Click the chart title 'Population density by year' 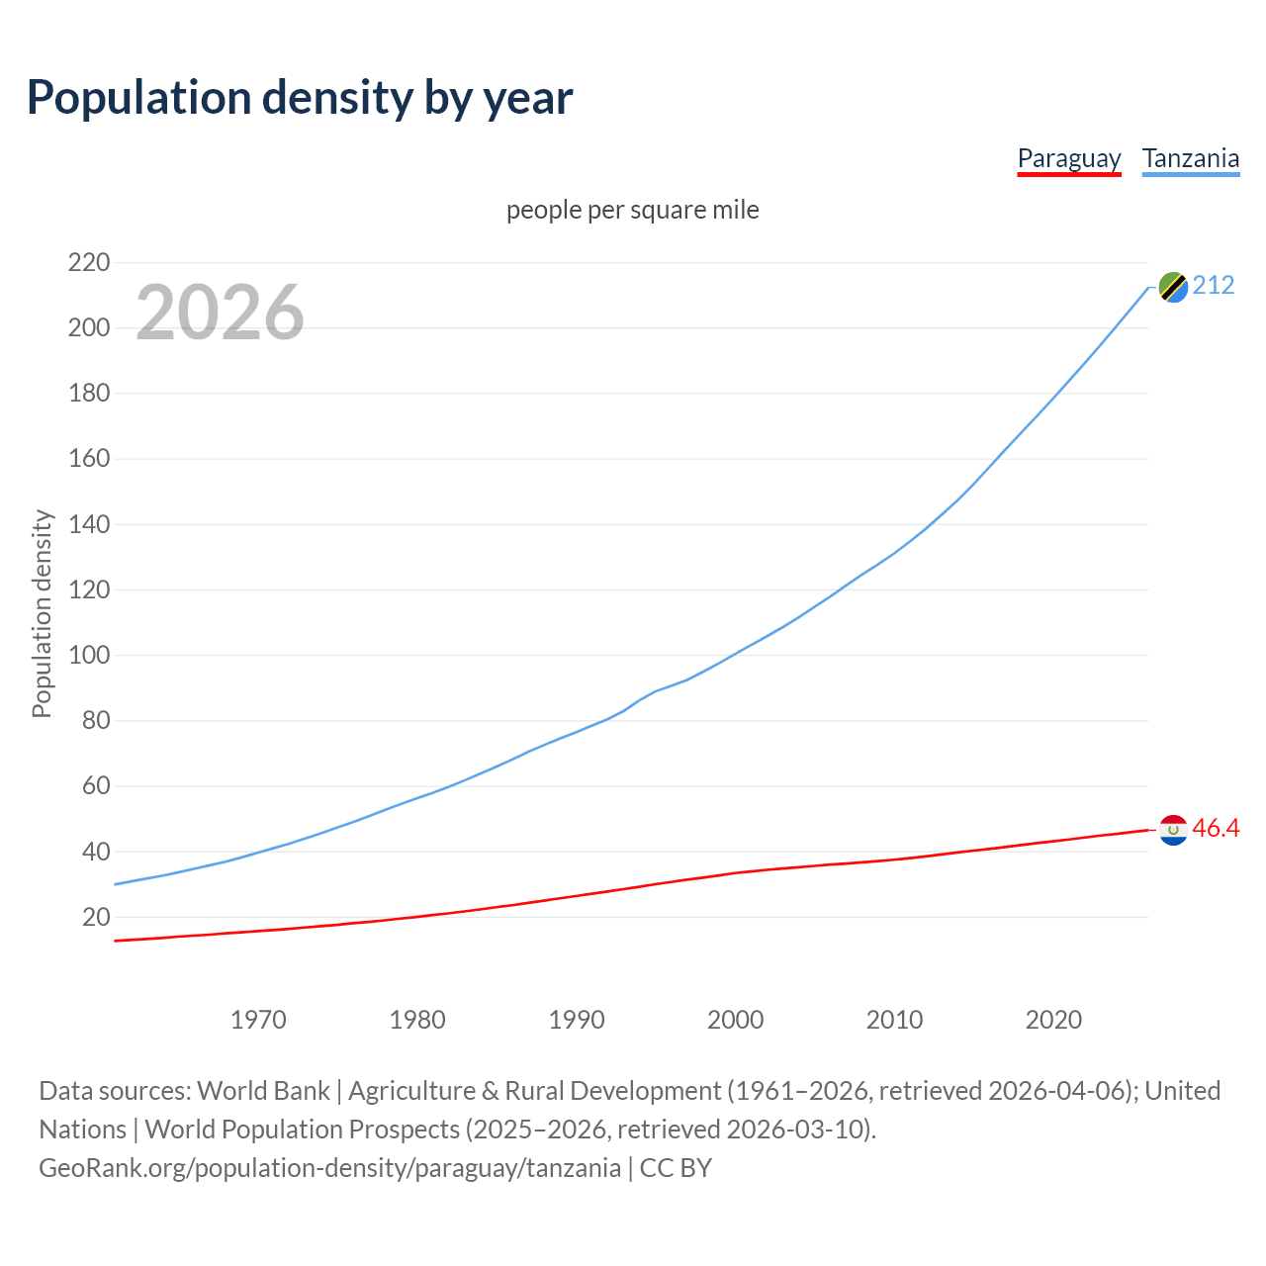click(300, 97)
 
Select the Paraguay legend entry click(1068, 158)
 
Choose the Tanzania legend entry click(1190, 158)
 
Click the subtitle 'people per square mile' click(632, 210)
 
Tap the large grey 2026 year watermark click(220, 313)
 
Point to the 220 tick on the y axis click(89, 262)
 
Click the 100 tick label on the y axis click(89, 655)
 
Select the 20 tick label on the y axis click(96, 917)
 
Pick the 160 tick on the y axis click(89, 459)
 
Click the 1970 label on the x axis click(258, 1020)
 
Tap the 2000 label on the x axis click(735, 1020)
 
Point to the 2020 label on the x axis click(1053, 1020)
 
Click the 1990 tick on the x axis click(577, 1020)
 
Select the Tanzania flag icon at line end click(1173, 287)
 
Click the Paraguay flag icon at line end click(1173, 830)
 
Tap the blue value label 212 click(1214, 286)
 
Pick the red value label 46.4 click(1216, 829)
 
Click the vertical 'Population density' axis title click(42, 613)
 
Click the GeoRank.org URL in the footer click(329, 1168)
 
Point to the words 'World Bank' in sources click(263, 1091)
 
